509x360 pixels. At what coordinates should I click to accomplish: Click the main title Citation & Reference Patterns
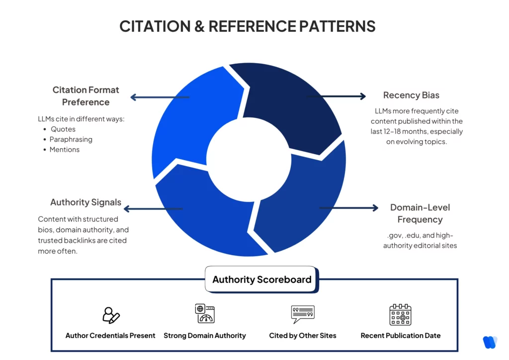pyautogui.click(x=247, y=26)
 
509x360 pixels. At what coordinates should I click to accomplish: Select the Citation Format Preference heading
pyautogui.click(x=86, y=96)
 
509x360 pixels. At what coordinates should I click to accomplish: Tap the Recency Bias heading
pyautogui.click(x=411, y=95)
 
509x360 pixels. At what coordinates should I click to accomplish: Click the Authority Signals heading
pyautogui.click(x=85, y=202)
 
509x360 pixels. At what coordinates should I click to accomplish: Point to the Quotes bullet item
pyautogui.click(x=63, y=129)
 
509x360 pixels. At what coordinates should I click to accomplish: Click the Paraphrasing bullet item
pyautogui.click(x=71, y=139)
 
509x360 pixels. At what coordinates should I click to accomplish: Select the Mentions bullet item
pyautogui.click(x=65, y=150)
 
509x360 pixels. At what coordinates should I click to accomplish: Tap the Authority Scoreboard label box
pyautogui.click(x=261, y=279)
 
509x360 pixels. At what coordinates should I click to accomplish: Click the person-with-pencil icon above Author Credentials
pyautogui.click(x=110, y=315)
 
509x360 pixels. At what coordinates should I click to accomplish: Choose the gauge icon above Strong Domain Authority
pyautogui.click(x=205, y=314)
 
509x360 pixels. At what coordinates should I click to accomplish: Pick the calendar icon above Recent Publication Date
pyautogui.click(x=400, y=315)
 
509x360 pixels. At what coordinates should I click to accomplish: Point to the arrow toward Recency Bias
pyautogui.click(x=338, y=96)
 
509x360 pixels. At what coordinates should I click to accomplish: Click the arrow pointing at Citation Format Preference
pyautogui.click(x=159, y=97)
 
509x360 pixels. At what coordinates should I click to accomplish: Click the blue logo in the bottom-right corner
pyautogui.click(x=490, y=342)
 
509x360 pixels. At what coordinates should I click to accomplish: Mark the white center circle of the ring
pyautogui.click(x=248, y=159)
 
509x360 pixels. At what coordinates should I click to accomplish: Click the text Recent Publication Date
pyautogui.click(x=400, y=336)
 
